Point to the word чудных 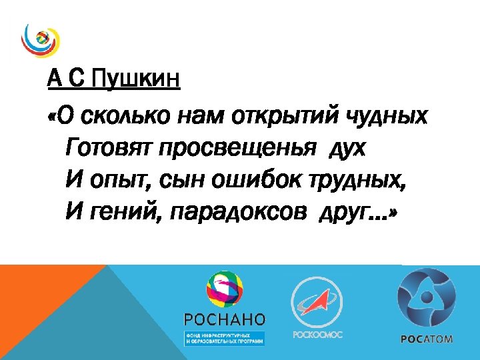click(x=387, y=117)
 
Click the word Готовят click(x=109, y=149)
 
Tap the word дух click(x=347, y=149)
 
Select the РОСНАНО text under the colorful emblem click(x=224, y=318)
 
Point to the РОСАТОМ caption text click(x=427, y=338)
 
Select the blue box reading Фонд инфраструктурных click(x=224, y=337)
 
